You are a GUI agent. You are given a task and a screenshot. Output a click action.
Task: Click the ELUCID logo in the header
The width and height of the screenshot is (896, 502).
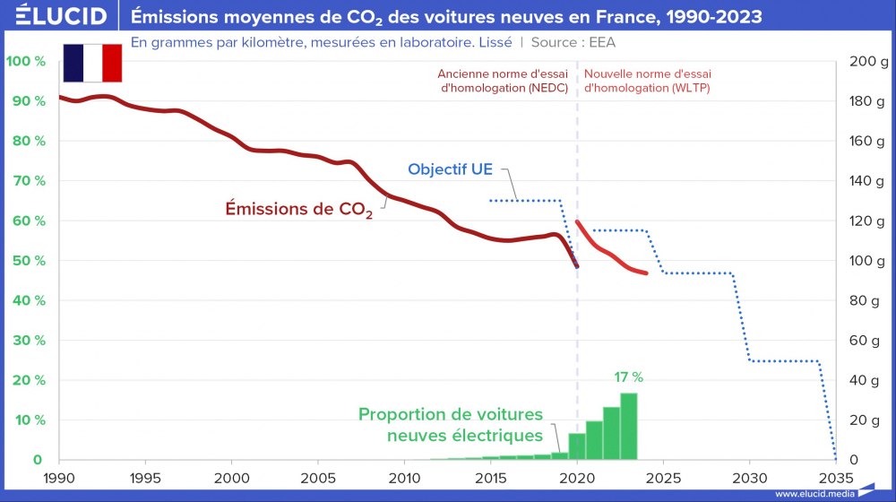56,15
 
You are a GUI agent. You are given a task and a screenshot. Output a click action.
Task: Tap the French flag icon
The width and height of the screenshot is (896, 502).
92,62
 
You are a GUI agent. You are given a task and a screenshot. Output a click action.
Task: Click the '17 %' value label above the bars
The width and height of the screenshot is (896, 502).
627,377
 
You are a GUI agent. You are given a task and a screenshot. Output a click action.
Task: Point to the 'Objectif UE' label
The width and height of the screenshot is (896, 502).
450,169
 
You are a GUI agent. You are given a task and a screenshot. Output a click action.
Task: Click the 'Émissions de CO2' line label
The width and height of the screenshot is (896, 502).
297,211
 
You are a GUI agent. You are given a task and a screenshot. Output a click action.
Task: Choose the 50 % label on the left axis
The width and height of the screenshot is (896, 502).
27,261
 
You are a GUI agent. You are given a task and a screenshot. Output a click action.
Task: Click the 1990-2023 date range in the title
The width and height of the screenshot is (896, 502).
706,15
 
